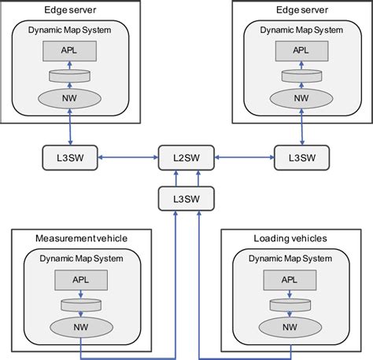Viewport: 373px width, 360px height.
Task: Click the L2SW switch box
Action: click(186, 157)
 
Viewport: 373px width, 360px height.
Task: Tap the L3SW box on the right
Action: click(302, 157)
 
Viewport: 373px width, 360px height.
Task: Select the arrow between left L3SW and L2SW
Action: click(127, 157)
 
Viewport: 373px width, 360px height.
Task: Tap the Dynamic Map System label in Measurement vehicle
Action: click(80, 256)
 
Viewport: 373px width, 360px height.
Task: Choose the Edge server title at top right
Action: click(301, 10)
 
